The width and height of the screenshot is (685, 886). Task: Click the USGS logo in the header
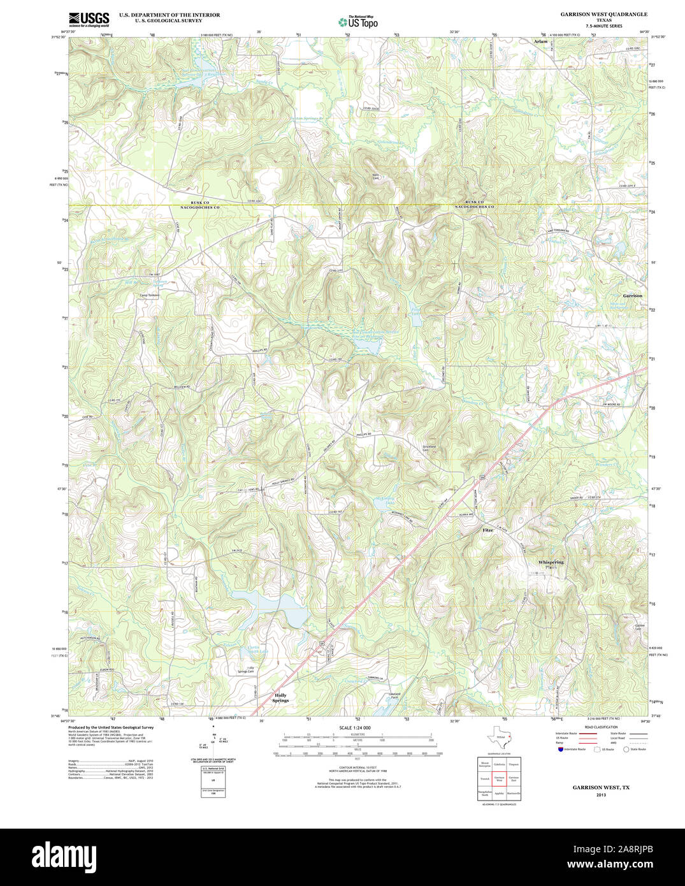pyautogui.click(x=89, y=18)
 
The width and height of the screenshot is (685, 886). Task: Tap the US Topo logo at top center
pyautogui.click(x=358, y=22)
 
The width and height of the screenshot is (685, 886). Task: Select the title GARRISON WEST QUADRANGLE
pyautogui.click(x=603, y=14)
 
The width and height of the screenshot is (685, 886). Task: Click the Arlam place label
pyautogui.click(x=540, y=41)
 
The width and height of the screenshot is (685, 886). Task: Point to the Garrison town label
pyautogui.click(x=632, y=296)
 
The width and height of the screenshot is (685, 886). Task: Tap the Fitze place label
pyautogui.click(x=487, y=530)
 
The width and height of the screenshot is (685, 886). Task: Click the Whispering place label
pyautogui.click(x=551, y=563)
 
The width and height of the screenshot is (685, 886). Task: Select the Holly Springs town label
pyautogui.click(x=280, y=697)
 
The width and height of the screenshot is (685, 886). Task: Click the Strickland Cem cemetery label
pyautogui.click(x=429, y=448)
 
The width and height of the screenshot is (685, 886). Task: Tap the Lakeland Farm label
pyautogui.click(x=394, y=696)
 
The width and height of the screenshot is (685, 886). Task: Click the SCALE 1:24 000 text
pyautogui.click(x=355, y=727)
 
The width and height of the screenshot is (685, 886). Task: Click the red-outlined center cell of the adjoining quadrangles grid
pyautogui.click(x=500, y=779)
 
